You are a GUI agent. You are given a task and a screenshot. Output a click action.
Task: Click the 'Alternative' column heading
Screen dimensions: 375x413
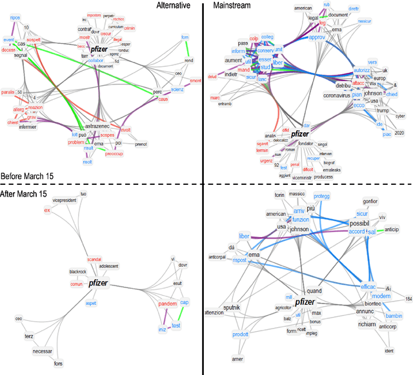click(174, 6)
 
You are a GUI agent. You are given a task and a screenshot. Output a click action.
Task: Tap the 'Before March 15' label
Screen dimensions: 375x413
click(28, 176)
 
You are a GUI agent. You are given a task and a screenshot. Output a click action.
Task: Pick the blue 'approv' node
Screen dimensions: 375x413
click(317, 38)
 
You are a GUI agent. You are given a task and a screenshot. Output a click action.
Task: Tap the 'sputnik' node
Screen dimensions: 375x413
click(232, 308)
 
